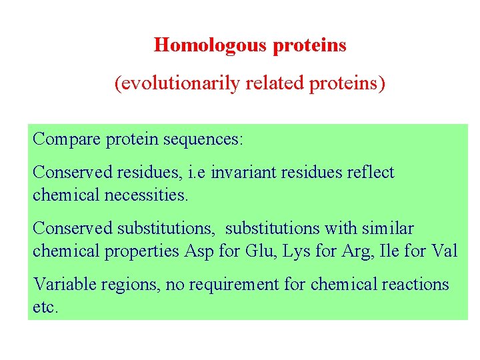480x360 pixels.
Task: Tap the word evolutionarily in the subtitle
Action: click(177, 85)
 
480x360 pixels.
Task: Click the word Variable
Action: click(63, 284)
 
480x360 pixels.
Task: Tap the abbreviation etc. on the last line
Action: click(45, 309)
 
